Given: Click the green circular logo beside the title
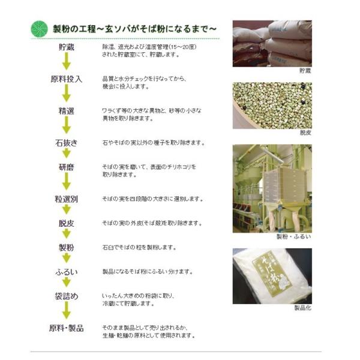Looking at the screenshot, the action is (39, 29).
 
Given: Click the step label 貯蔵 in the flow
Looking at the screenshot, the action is (67, 47).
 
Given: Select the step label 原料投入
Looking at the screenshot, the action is (67, 79).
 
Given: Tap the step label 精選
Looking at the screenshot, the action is (67, 111).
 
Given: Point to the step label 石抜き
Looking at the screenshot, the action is (67, 143).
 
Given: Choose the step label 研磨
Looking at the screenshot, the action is (67, 167).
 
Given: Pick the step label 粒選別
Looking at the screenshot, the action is (67, 199).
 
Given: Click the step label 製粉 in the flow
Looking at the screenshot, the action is (67, 247).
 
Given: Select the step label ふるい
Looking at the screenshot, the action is (67, 272).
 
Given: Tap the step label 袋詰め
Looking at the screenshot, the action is (67, 296).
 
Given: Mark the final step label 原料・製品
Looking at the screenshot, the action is (67, 328).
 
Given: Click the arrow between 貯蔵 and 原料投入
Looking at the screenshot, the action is (67, 61).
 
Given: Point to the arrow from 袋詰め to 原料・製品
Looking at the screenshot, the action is (67, 310).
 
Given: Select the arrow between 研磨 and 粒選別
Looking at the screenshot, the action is (67, 181).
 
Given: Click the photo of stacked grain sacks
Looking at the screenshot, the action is (272, 44).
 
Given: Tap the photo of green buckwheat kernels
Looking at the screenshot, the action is (272, 106).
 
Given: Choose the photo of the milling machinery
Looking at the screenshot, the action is (272, 188).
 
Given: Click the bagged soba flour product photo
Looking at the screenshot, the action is (272, 276).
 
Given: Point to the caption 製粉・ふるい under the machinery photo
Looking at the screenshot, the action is (294, 237).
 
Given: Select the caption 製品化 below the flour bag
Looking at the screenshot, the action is (303, 308).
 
